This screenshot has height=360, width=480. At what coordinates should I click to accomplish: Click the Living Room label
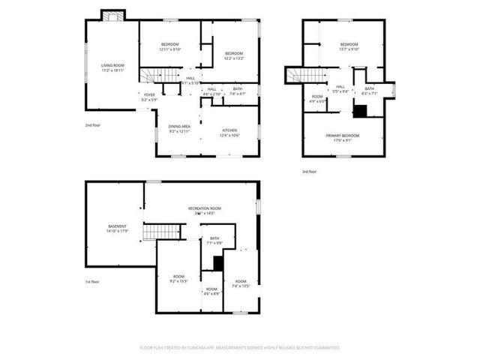point(112,66)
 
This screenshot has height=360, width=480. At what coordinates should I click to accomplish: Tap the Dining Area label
point(179,127)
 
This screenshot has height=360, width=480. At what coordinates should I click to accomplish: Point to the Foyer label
point(150,94)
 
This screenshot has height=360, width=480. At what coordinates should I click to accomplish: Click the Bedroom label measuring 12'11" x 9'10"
point(169,45)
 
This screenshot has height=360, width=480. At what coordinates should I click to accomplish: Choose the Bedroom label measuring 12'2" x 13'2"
point(233,53)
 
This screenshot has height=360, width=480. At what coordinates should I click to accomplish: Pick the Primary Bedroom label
point(343,136)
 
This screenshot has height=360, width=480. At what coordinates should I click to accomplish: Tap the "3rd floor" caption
point(309,172)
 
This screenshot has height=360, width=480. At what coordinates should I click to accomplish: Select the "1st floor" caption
point(91,282)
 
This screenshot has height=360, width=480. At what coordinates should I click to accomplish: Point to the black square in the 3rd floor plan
point(360,111)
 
